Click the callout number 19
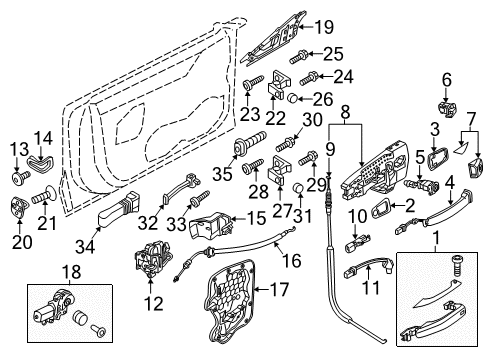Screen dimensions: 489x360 click(x=324, y=27)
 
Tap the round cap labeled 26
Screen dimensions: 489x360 click(x=292, y=98)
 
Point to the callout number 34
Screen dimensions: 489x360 click(x=85, y=247)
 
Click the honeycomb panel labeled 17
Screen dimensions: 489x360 click(x=229, y=302)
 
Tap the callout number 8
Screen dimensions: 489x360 click(x=345, y=112)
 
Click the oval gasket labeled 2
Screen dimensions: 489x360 click(x=380, y=209)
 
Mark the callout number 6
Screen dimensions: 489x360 click(x=447, y=80)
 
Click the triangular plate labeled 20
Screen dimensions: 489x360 click(x=19, y=208)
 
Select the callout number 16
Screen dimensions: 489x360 click(x=292, y=260)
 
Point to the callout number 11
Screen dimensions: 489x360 click(x=370, y=288)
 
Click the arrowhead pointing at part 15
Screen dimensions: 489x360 click(x=233, y=219)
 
